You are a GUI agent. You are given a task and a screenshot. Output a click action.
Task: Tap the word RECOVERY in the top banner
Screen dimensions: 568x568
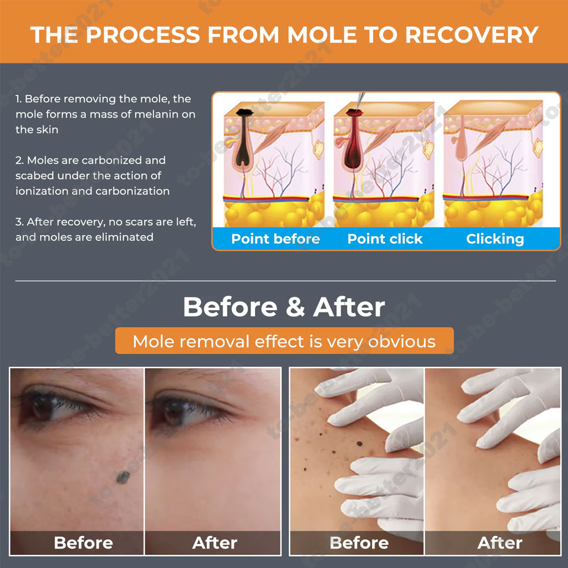(x=471, y=35)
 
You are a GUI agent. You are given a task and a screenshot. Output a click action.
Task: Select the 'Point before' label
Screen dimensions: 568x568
(x=275, y=239)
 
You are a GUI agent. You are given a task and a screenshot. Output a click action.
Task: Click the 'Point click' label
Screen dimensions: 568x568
(x=385, y=239)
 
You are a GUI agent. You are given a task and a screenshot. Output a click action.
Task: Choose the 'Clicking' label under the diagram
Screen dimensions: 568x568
(x=495, y=239)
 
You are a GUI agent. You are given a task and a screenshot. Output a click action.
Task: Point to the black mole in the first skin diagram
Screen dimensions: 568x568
(x=244, y=112)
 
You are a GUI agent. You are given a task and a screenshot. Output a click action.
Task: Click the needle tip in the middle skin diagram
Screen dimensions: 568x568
(x=357, y=109)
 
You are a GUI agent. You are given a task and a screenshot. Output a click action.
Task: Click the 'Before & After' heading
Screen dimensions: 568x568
(x=284, y=307)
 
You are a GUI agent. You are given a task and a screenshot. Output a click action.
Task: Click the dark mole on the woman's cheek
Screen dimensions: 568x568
(x=123, y=478)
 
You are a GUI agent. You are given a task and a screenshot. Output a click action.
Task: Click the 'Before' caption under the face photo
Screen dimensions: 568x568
(x=83, y=542)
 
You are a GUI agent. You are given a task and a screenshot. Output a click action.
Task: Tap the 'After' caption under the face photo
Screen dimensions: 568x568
(x=215, y=542)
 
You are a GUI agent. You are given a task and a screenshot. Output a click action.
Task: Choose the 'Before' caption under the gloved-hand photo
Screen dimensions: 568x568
(x=359, y=542)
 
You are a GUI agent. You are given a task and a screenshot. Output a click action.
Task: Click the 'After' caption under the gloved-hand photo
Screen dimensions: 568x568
(x=500, y=542)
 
